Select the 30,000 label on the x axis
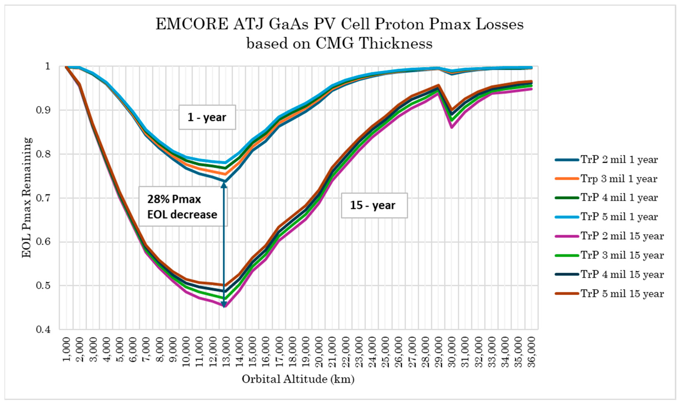pos(452,352)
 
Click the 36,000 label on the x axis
pos(531,352)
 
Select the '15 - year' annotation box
pos(374,205)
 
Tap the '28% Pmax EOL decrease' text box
pos(182,207)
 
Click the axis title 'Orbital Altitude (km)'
pos(298,379)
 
